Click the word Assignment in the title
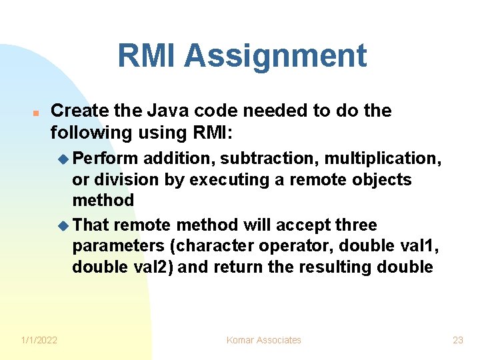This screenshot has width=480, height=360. pyautogui.click(x=275, y=56)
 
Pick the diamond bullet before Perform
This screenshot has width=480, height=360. pyautogui.click(x=63, y=159)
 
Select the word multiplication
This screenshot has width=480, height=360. pyautogui.click(x=387, y=159)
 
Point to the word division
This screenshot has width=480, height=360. pyautogui.click(x=121, y=179)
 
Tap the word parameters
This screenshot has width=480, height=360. pyautogui.click(x=119, y=246)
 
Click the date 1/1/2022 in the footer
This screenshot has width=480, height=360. pyautogui.click(x=38, y=340)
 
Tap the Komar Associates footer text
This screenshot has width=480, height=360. pyautogui.click(x=264, y=340)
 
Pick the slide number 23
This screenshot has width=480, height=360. pyautogui.click(x=458, y=340)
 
